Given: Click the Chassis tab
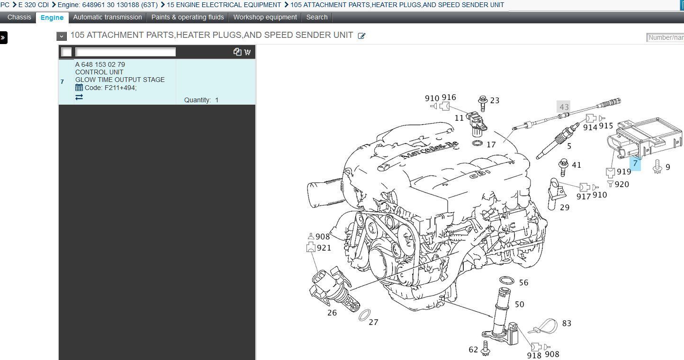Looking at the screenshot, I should tap(19, 17).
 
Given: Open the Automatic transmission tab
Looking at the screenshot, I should tap(107, 17).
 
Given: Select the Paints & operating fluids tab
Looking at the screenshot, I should tap(188, 17).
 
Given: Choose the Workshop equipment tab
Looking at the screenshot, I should tap(265, 17).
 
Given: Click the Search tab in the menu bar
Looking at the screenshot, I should tap(317, 17).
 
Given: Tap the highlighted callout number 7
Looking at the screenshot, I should tap(635, 163).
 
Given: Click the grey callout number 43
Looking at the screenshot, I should tap(564, 107).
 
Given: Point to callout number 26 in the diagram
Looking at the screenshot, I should tap(332, 313).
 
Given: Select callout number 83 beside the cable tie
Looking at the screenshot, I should tap(567, 323).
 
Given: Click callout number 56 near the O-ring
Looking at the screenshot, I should tap(523, 282).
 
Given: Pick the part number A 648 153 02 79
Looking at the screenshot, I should tap(100, 64).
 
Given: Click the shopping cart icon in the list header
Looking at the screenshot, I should tap(247, 52).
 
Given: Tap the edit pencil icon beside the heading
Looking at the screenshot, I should tap(361, 36).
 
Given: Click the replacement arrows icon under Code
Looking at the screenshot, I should tap(79, 97).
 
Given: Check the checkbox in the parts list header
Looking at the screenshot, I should tap(67, 52).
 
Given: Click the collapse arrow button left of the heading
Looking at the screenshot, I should tap(61, 36).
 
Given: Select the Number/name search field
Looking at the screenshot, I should tap(666, 37).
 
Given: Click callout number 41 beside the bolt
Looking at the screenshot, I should tap(576, 165).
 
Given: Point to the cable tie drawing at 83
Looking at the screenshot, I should tap(544, 326).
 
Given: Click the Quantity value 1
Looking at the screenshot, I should tap(217, 100).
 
